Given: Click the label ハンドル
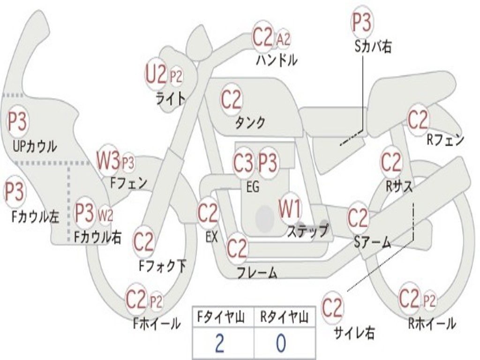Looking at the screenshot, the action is click(277, 60).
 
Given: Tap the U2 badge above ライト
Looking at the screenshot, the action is click(156, 75).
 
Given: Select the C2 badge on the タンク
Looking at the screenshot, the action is click(231, 100).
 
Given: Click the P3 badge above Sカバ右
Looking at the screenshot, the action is click(361, 22).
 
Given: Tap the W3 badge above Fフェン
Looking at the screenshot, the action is click(108, 160).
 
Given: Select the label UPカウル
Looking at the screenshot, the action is click(34, 146).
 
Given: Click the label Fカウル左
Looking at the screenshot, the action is click(36, 217).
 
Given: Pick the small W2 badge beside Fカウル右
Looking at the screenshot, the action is click(105, 216).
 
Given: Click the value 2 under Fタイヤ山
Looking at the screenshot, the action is click(219, 344).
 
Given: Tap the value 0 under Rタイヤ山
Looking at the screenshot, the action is click(280, 344).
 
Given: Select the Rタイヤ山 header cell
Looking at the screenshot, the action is click(284, 318).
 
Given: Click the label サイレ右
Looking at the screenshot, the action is click(354, 332).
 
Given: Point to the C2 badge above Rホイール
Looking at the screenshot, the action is click(409, 298).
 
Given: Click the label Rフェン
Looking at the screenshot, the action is click(445, 140).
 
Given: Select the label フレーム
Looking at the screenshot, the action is click(256, 273).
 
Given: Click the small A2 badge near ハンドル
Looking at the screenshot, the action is click(283, 39).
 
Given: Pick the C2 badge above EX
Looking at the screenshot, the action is click(208, 214).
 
